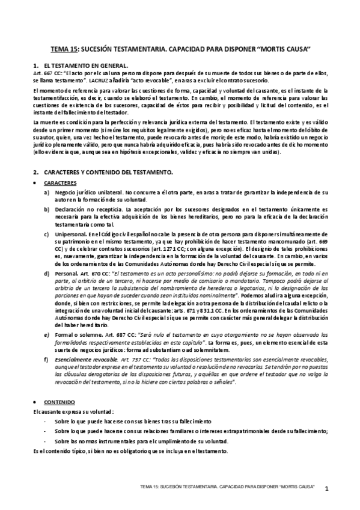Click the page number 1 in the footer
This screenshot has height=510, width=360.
[x=326, y=489]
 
